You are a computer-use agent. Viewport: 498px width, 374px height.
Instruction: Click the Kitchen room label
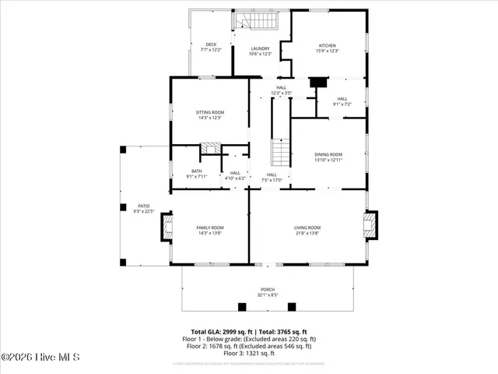pos(328,48)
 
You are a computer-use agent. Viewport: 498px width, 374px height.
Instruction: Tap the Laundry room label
pos(259,51)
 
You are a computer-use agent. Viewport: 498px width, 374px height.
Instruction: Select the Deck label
pos(211,47)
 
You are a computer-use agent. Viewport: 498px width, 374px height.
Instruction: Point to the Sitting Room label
pos(209,115)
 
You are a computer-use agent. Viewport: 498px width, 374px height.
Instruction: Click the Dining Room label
pos(328,157)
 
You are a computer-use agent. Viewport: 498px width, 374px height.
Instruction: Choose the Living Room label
pos(307,230)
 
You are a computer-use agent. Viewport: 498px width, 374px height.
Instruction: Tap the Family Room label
pos(210,230)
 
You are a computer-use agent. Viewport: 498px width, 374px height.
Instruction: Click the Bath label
pos(197,174)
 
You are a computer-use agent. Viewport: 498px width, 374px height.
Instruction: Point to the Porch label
pos(267,292)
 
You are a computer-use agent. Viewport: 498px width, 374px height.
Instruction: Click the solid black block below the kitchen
pos(317,82)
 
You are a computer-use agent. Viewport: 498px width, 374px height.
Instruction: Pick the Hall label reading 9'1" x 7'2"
pos(342,101)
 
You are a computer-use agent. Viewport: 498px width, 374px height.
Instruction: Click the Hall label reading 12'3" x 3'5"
pos(281,90)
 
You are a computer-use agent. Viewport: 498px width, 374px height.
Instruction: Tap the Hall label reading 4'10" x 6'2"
pos(235,176)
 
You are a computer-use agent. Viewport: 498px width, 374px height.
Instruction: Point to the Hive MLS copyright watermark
pos(42,358)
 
